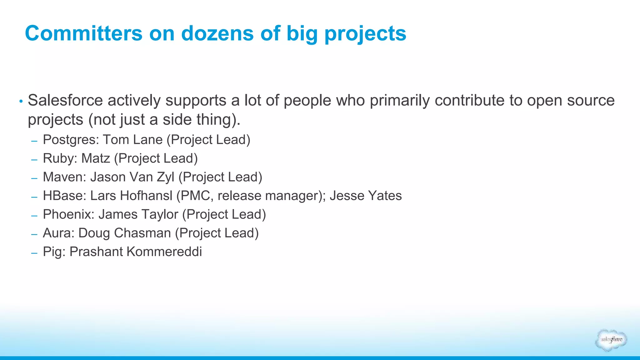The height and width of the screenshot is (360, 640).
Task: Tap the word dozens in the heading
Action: pyautogui.click(x=217, y=33)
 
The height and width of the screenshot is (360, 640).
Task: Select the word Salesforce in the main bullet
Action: pyautogui.click(x=65, y=100)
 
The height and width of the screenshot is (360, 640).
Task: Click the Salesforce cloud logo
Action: pyautogui.click(x=611, y=340)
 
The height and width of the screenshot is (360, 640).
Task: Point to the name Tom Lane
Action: pyautogui.click(x=133, y=140)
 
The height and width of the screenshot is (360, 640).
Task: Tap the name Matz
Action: pyautogui.click(x=96, y=158)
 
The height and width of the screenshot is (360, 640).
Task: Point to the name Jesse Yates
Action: pyautogui.click(x=366, y=196)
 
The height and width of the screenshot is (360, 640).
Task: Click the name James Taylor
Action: pyautogui.click(x=138, y=215)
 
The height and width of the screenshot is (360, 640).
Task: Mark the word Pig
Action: pyautogui.click(x=54, y=252)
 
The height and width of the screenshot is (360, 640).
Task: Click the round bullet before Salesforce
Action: pyautogui.click(x=21, y=101)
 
